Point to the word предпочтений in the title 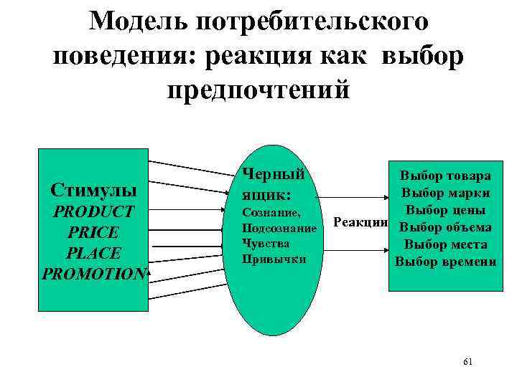tap(258, 90)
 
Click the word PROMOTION tap(94, 274)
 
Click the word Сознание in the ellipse tap(271, 214)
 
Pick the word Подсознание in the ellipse tap(279, 229)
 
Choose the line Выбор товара tap(446, 176)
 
